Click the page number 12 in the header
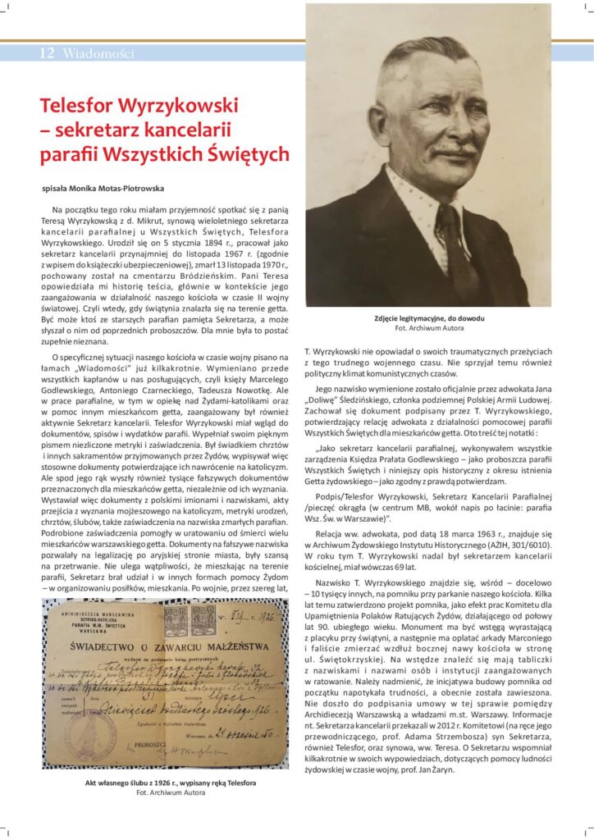(x=47, y=54)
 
